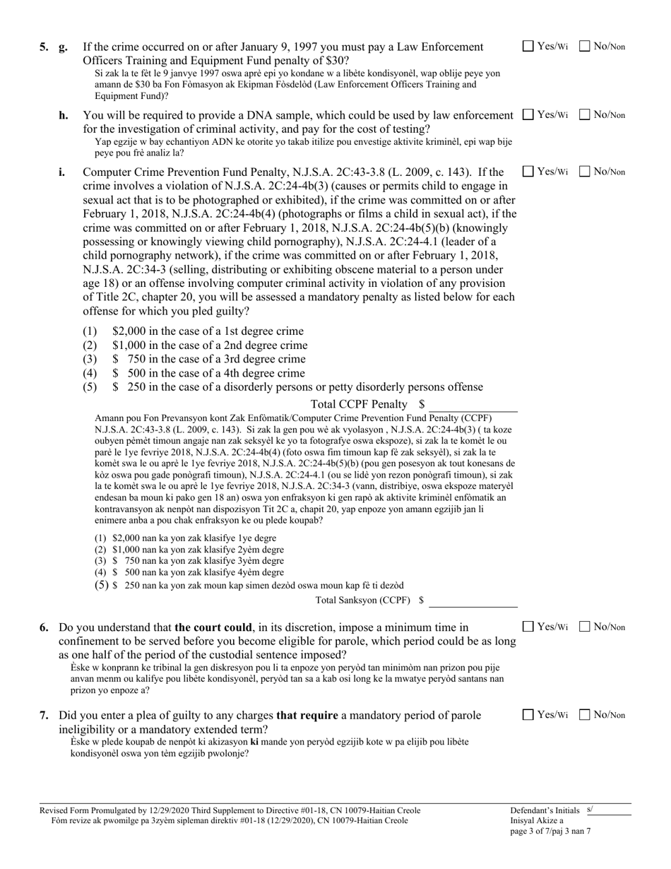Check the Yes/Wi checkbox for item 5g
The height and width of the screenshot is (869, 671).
pos(528,47)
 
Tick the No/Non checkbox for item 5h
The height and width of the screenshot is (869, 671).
pos(585,114)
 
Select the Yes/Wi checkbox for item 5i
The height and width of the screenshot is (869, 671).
pos(528,171)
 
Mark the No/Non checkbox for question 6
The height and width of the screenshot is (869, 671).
pos(585,626)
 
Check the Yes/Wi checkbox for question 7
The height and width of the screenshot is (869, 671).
pos(528,714)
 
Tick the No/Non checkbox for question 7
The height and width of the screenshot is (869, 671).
pos(585,714)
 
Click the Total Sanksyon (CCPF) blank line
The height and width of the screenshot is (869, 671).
pos(473,601)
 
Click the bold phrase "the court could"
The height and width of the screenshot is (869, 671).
pos(214,627)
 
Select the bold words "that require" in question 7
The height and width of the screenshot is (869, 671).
pos(306,715)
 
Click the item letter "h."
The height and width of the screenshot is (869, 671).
pos(64,115)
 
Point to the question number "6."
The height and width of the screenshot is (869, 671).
pos(44,627)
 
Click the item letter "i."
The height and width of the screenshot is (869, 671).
pos(62,172)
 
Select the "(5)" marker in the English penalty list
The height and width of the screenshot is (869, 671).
pos(90,387)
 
